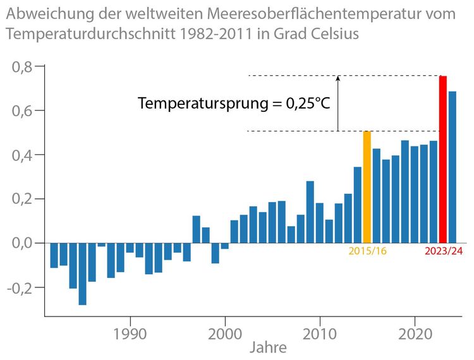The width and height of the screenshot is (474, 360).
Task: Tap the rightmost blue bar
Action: coord(453,167)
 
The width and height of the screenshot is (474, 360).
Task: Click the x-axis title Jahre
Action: coord(268,347)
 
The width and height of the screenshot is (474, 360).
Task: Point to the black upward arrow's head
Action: coord(338,78)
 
